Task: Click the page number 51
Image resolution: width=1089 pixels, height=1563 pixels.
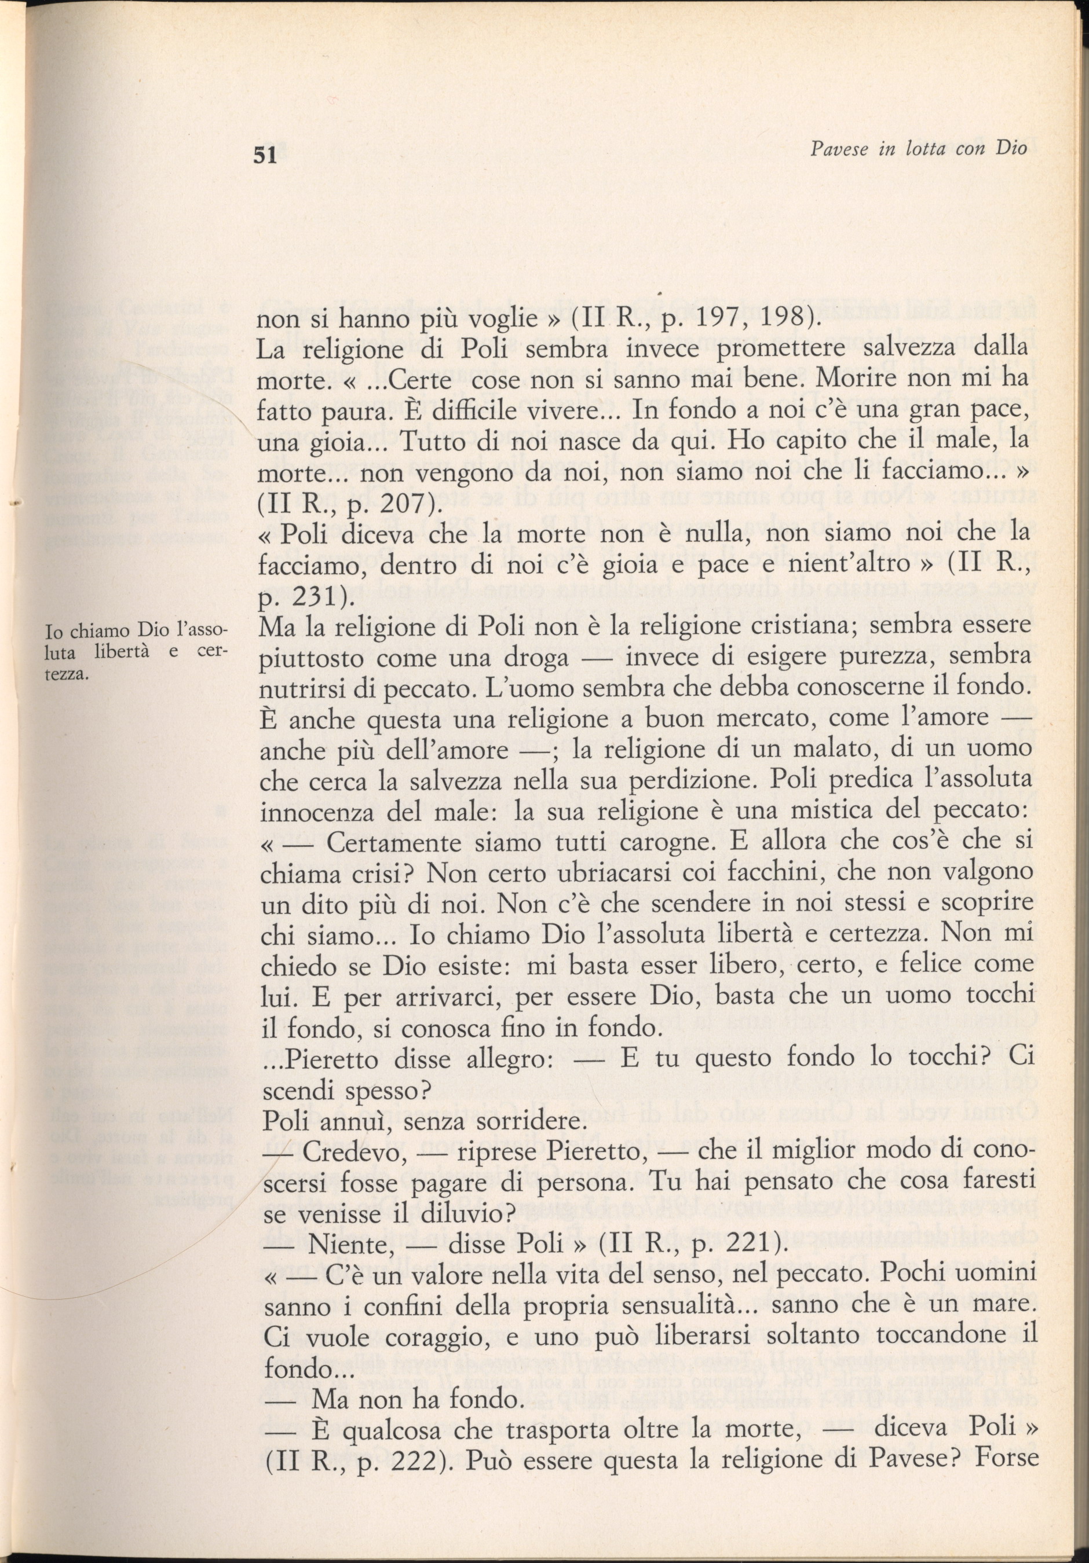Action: tap(264, 156)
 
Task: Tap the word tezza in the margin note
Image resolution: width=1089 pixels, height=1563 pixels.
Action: tap(70, 676)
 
